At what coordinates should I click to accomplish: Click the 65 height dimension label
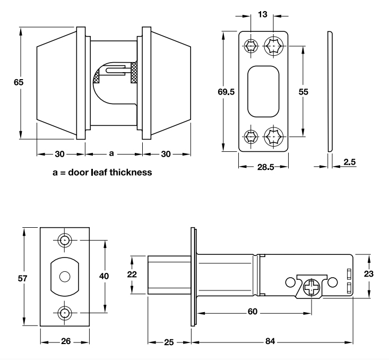tap(19, 82)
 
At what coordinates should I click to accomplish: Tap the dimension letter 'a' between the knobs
tap(111, 154)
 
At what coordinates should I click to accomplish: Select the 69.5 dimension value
tap(227, 91)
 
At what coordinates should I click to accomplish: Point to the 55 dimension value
tap(303, 91)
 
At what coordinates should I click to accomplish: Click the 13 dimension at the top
tap(262, 14)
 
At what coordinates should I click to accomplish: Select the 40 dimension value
tap(104, 276)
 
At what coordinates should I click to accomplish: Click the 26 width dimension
tap(65, 341)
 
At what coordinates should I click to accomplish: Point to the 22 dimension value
tap(133, 275)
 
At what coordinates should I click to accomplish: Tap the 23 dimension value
tap(369, 274)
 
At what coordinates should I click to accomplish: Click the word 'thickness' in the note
tap(131, 172)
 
